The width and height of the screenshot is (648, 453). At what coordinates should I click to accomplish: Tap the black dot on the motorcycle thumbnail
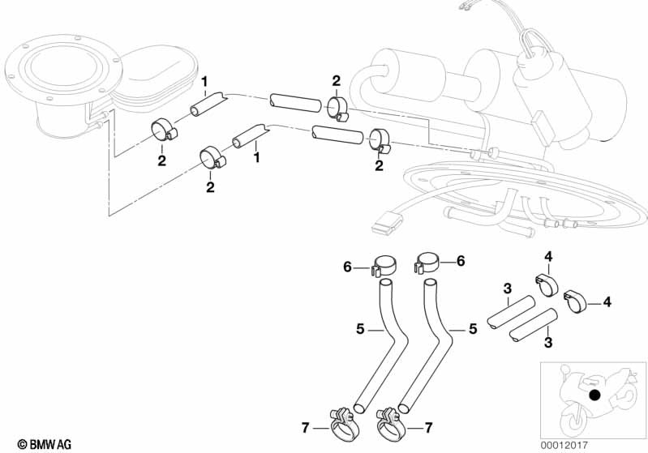(x=596, y=395)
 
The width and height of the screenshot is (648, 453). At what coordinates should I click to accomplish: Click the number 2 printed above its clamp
(x=336, y=80)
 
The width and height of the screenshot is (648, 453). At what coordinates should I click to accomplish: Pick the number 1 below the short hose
(x=256, y=155)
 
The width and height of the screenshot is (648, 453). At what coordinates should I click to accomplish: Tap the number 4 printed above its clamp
(x=547, y=258)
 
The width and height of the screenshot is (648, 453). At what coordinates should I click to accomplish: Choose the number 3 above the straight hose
(x=506, y=288)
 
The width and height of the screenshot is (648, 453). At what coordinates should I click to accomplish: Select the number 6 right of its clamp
(x=461, y=261)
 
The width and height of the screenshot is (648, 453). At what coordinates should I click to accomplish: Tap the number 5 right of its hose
(x=471, y=330)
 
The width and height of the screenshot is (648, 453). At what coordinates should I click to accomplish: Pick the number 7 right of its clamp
(x=430, y=426)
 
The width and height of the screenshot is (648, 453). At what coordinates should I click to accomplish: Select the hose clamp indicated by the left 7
(x=343, y=421)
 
